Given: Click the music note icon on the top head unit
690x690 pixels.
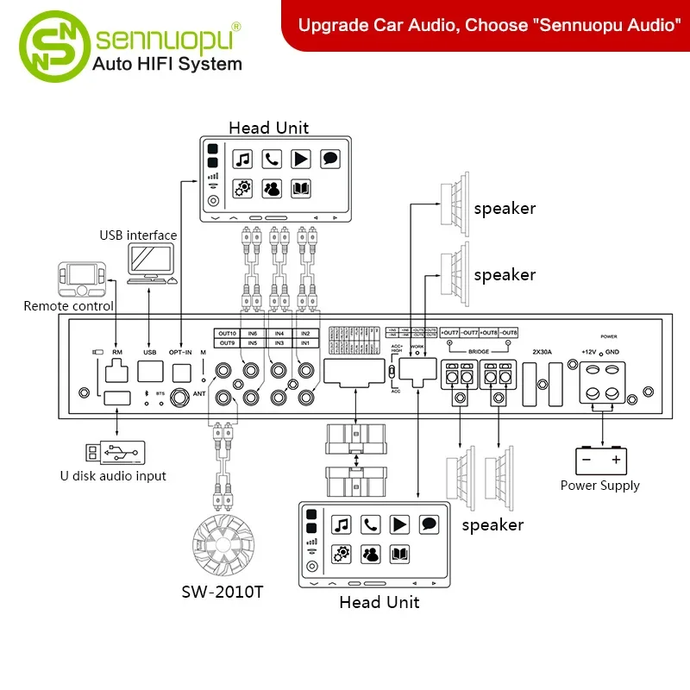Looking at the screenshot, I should tap(243, 159).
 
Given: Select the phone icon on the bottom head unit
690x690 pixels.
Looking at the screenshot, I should tap(370, 524).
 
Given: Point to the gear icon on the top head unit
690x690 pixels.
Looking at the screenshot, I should tap(243, 188).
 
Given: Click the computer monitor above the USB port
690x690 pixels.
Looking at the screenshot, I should tap(150, 261).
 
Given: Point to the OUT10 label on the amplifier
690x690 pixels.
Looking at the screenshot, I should tap(227, 333).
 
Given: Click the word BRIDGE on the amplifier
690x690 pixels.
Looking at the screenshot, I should tap(479, 351).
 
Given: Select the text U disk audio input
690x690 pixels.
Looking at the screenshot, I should tap(114, 475).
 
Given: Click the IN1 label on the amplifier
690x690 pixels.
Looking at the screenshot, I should tap(304, 343).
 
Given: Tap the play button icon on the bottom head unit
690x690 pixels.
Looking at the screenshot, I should tap(399, 524).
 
